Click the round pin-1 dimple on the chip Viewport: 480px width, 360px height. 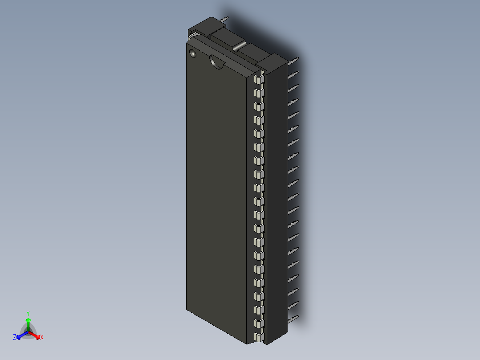click(193, 53)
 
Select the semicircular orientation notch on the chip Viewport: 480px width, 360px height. click(217, 62)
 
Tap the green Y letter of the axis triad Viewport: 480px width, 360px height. click(28, 313)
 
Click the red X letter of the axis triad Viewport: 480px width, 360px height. click(42, 338)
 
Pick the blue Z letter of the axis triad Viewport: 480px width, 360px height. click(15, 338)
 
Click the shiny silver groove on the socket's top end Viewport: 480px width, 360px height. click(239, 45)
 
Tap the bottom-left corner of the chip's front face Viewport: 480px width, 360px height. click(187, 308)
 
